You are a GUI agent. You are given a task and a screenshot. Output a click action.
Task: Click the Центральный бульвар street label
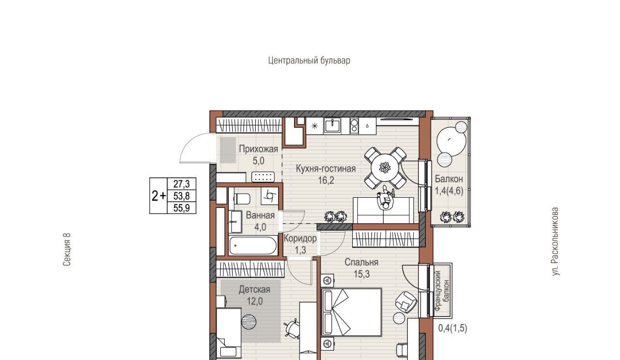click(309, 61)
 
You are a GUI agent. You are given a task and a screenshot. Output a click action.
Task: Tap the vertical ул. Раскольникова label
click(555, 241)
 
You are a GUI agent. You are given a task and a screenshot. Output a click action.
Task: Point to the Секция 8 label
click(67, 250)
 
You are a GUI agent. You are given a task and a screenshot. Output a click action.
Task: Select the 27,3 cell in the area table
click(182, 184)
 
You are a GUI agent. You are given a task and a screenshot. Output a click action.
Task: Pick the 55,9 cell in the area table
click(182, 208)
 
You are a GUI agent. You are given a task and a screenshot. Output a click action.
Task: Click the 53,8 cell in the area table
click(182, 196)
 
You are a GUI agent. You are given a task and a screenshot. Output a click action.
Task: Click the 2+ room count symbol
click(159, 196)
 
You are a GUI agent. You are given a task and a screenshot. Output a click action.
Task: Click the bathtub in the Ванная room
click(253, 245)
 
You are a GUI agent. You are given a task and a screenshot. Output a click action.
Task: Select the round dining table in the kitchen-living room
click(385, 168)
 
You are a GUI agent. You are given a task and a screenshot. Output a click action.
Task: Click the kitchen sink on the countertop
click(333, 125)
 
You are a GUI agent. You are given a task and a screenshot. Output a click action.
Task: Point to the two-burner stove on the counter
click(354, 125)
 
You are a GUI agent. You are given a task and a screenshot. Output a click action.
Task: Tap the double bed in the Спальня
click(352, 312)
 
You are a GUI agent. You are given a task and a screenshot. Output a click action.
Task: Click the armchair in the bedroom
click(406, 302)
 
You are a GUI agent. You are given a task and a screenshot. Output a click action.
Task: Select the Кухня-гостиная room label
click(326, 169)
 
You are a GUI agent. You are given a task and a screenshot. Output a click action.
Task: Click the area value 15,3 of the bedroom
click(361, 274)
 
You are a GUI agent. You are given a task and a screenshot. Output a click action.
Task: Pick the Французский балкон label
click(442, 291)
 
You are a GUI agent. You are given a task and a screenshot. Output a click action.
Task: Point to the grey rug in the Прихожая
click(228, 150)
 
